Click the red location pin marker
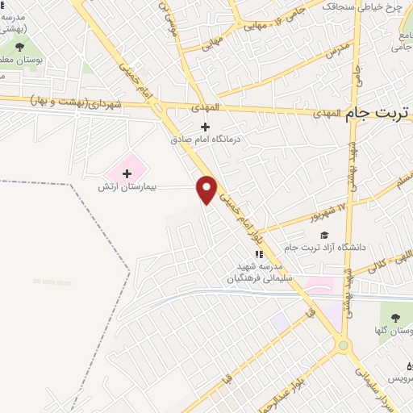[x=207, y=189]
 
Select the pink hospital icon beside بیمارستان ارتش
[x=126, y=172]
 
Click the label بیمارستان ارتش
[x=126, y=186]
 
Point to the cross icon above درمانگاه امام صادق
[x=205, y=127]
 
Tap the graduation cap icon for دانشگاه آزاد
[x=323, y=236]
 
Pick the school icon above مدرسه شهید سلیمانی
[x=258, y=254]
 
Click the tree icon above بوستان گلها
[x=394, y=317]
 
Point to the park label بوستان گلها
[x=394, y=330]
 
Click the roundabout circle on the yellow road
[x=344, y=346]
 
